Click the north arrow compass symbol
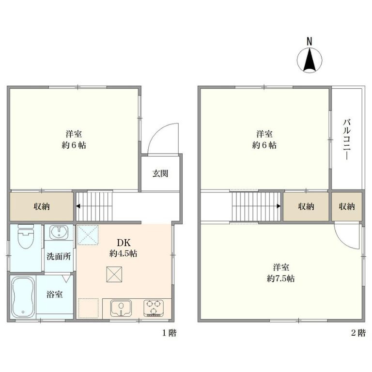coord(310,60)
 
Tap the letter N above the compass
coord(310,42)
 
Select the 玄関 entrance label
coord(160,174)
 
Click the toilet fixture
coord(26,236)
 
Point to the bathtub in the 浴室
coord(23,297)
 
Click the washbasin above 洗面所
coord(59,232)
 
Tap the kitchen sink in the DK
coord(121,308)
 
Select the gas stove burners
coord(153,308)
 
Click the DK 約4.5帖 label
coord(124,248)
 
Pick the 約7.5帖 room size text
coord(280,279)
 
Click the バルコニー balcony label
coord(347,139)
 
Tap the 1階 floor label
coord(170,333)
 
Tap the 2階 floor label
coord(358,333)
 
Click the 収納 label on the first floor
coord(42,207)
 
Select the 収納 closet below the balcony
coord(347,207)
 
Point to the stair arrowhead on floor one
coord(78,206)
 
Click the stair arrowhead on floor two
coord(279,206)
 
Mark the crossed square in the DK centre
coord(114,274)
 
